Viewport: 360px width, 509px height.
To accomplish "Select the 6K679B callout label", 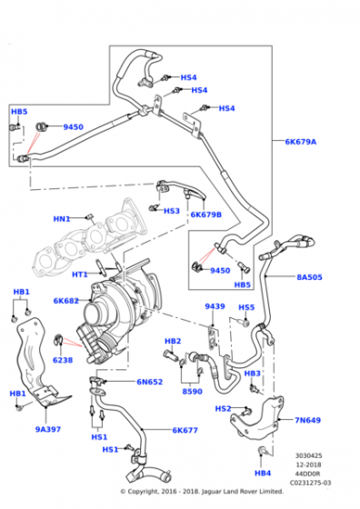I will pyautogui.click(x=206, y=215).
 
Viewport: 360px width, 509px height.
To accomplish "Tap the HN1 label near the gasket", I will pyautogui.click(x=62, y=218).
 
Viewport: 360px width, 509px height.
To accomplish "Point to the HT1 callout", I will pyautogui.click(x=80, y=274).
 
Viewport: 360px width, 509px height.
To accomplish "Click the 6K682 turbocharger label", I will pyautogui.click(x=67, y=301).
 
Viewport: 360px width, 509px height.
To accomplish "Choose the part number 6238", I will pyautogui.click(x=63, y=360).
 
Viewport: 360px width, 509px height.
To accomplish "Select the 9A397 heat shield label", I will pyautogui.click(x=49, y=430).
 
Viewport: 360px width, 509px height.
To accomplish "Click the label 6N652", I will pyautogui.click(x=150, y=383).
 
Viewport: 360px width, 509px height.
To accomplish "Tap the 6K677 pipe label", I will pyautogui.click(x=185, y=431).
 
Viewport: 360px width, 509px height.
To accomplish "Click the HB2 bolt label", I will pyautogui.click(x=172, y=341).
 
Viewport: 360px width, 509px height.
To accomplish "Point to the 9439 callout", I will pyautogui.click(x=215, y=306).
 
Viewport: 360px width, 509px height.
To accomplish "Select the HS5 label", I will pyautogui.click(x=246, y=307).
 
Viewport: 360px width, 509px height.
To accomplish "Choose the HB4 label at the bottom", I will pyautogui.click(x=263, y=473).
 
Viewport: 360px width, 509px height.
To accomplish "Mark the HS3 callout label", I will pyautogui.click(x=171, y=211).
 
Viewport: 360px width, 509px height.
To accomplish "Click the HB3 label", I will pyautogui.click(x=253, y=374).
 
